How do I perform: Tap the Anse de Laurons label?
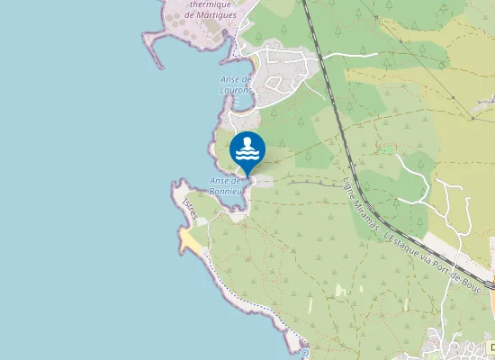click(x=236, y=85)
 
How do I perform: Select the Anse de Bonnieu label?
click(x=227, y=185)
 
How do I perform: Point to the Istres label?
click(x=189, y=207)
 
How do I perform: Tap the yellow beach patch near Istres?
click(x=190, y=239)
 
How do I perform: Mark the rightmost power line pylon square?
click(x=472, y=118)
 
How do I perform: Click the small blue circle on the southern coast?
click(x=305, y=353)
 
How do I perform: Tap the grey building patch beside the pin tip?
click(x=264, y=181)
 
